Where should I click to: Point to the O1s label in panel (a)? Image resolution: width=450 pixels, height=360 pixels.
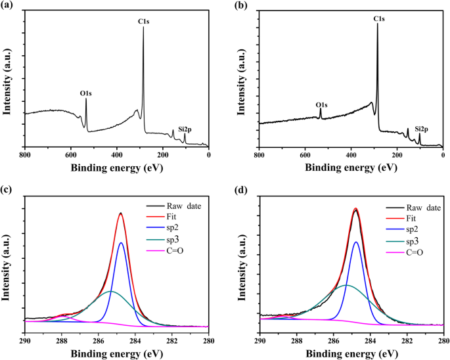[x=86, y=93]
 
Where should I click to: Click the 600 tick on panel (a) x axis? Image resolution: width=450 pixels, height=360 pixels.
[x=71, y=155]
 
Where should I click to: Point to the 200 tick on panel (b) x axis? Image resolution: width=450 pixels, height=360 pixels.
[x=397, y=156]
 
